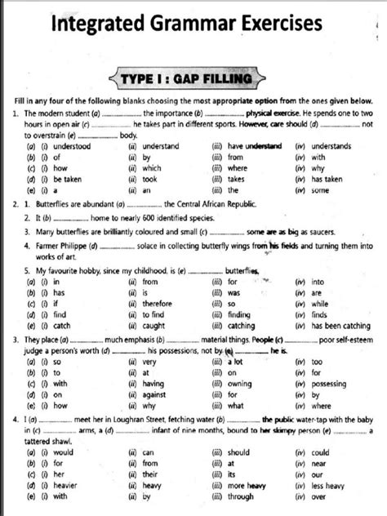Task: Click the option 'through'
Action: pyautogui.click(x=241, y=496)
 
